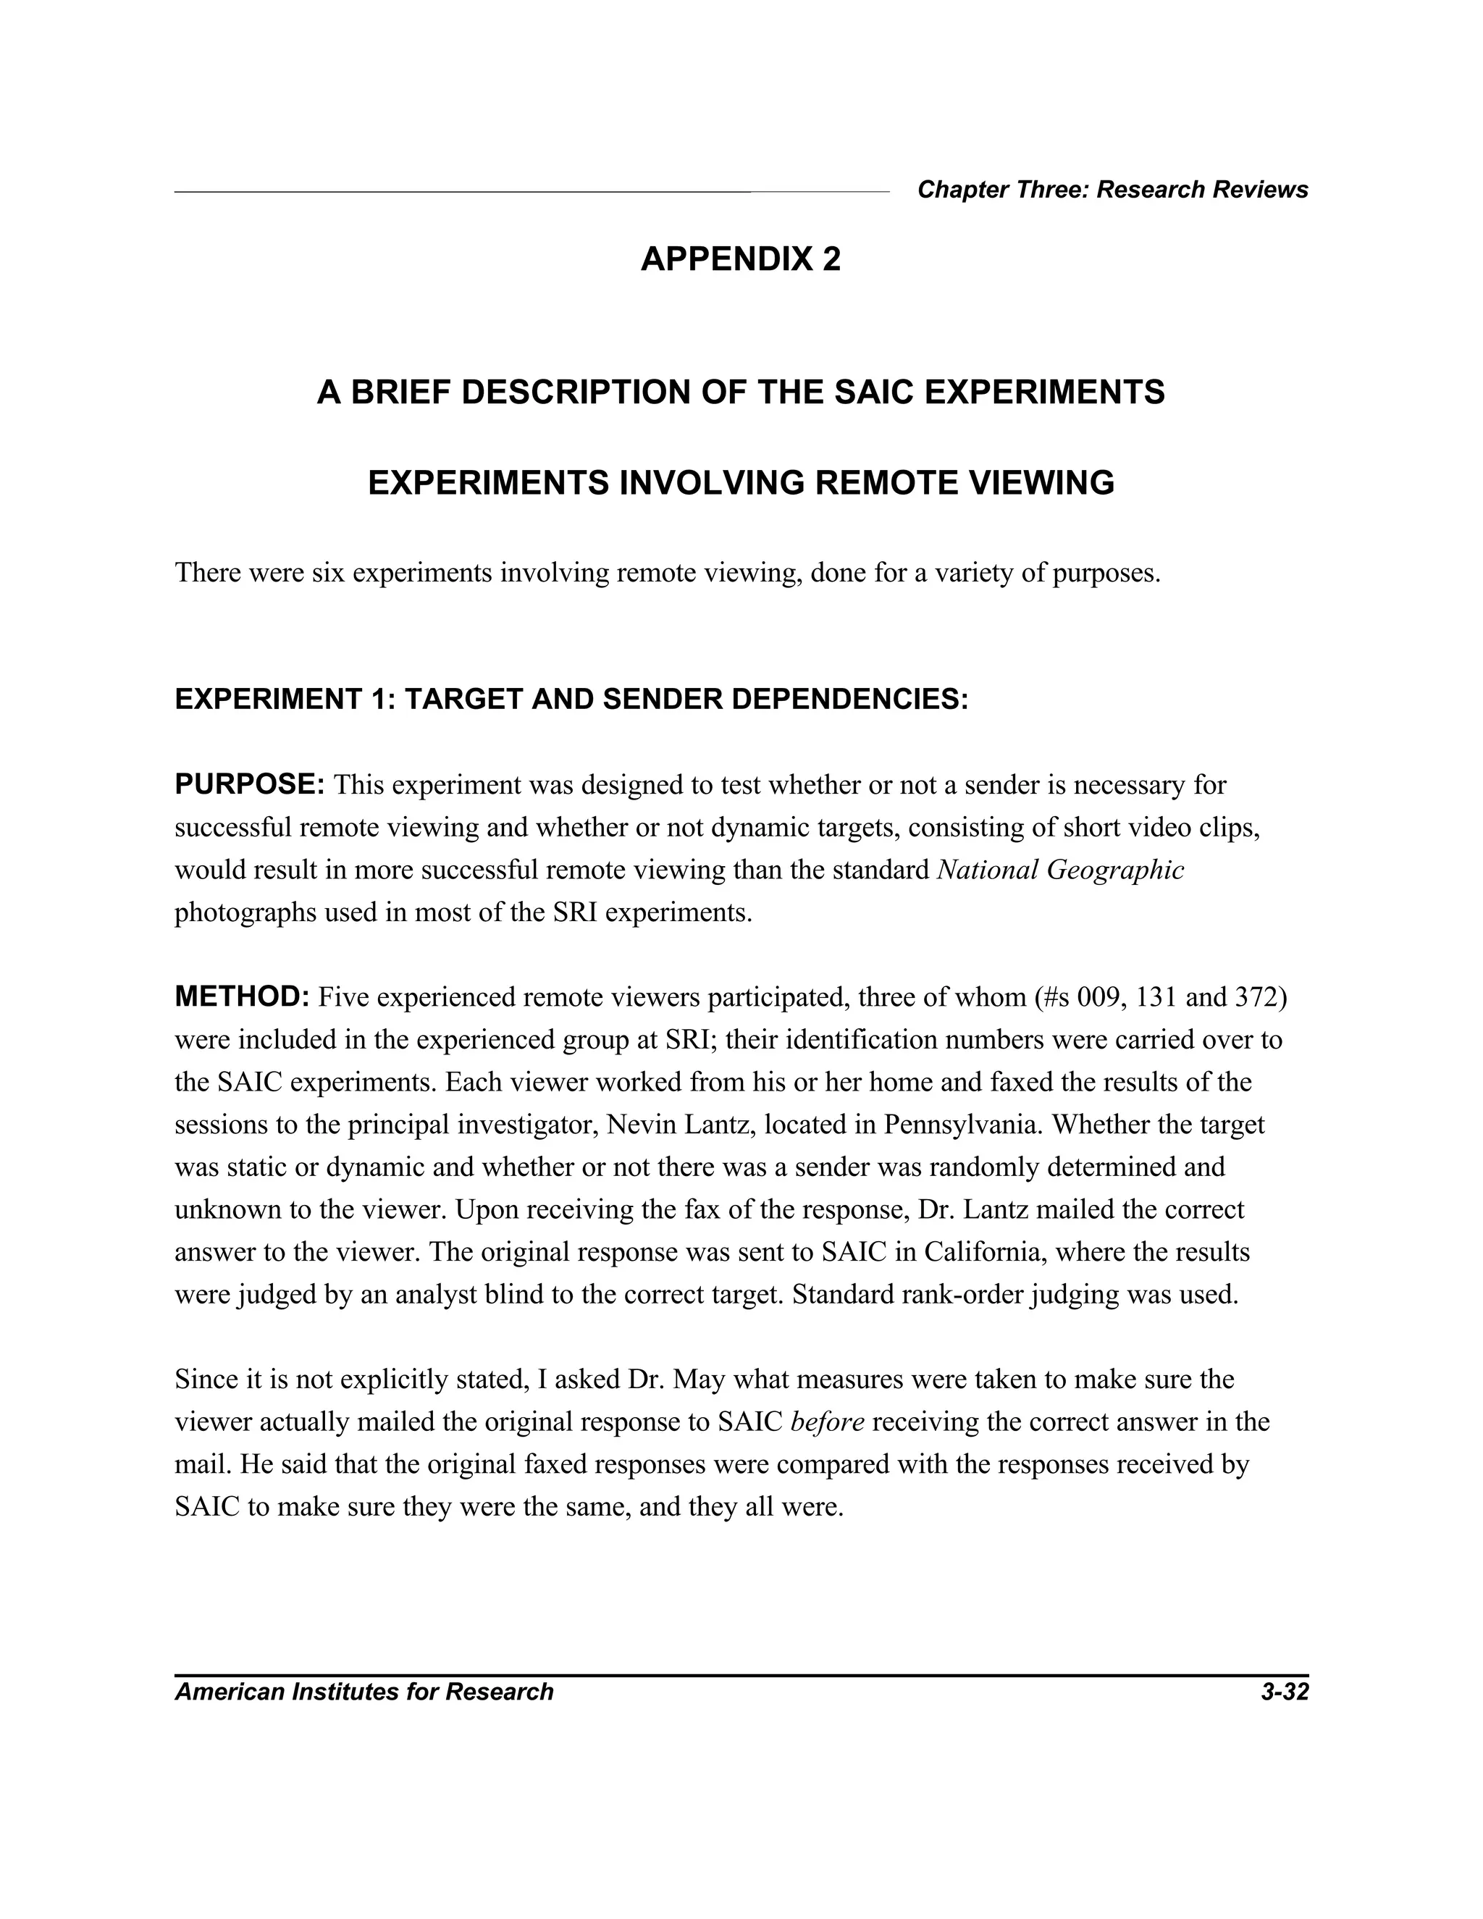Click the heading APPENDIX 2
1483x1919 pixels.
(740, 259)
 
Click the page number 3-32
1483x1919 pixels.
(1285, 1692)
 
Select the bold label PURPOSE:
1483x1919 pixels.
(251, 784)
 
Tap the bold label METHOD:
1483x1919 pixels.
(243, 996)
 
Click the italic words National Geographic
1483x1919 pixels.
(1060, 870)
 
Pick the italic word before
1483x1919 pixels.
(827, 1422)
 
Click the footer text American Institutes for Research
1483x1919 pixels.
(364, 1692)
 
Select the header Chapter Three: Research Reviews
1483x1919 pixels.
(1112, 190)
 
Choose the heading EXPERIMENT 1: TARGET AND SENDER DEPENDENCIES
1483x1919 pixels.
(571, 700)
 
